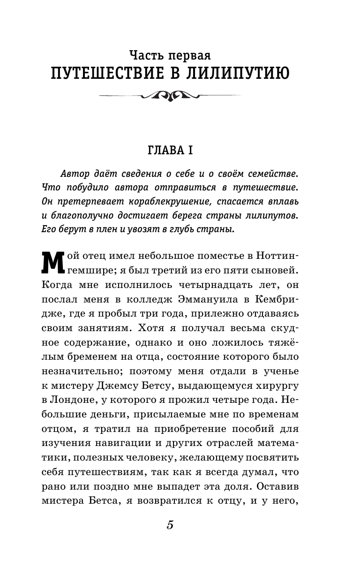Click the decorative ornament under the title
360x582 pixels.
[x=170, y=97]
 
